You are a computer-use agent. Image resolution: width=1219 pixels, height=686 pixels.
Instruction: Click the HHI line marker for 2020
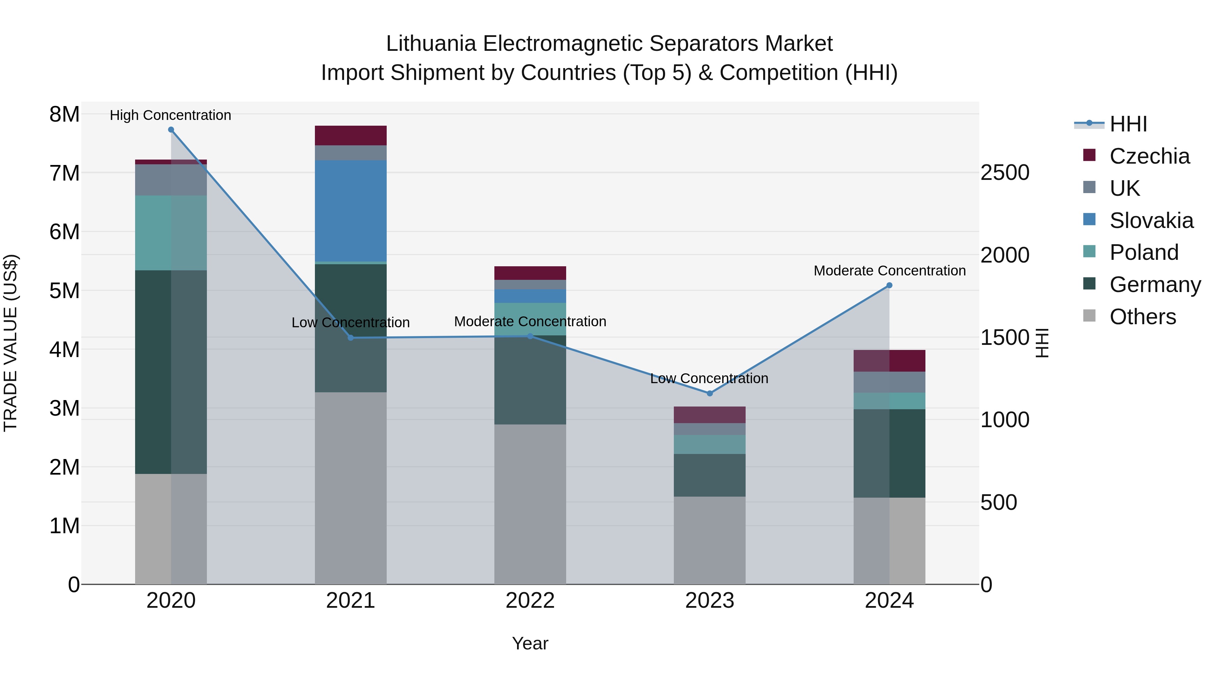coord(171,130)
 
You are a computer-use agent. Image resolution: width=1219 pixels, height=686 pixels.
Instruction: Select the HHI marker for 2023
coord(709,393)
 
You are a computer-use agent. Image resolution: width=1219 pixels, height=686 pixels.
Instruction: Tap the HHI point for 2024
coord(889,286)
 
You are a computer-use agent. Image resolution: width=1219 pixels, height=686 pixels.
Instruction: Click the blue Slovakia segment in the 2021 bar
coord(351,211)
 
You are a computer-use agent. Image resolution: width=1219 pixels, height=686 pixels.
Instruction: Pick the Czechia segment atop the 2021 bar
coord(351,136)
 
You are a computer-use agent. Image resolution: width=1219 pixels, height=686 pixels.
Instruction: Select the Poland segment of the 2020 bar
coord(171,233)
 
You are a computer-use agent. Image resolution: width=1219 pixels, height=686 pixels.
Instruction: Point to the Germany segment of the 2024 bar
coord(889,453)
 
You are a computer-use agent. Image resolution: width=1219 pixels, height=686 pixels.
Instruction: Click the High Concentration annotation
coord(170,115)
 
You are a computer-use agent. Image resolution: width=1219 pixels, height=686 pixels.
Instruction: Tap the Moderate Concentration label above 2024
coord(890,271)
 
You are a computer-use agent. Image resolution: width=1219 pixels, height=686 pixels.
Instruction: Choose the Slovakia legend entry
coord(1151,221)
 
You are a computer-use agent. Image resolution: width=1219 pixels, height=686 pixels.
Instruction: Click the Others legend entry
coord(1142,317)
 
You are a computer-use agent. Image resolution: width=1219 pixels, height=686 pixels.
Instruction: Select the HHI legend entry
coord(1128,124)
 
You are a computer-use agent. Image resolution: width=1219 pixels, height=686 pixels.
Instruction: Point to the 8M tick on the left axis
coord(64,114)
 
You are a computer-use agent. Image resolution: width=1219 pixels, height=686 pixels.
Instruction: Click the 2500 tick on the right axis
coord(1005,172)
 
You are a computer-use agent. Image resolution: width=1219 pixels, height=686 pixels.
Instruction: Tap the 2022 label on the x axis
coord(530,601)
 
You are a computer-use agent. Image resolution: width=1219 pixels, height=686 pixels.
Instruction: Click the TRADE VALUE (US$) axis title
coord(10,343)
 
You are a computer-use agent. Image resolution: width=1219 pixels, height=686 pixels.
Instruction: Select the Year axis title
coord(530,643)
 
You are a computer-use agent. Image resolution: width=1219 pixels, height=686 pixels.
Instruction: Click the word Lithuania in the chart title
coord(431,44)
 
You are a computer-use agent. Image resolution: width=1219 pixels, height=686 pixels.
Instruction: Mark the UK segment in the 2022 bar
coord(530,285)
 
